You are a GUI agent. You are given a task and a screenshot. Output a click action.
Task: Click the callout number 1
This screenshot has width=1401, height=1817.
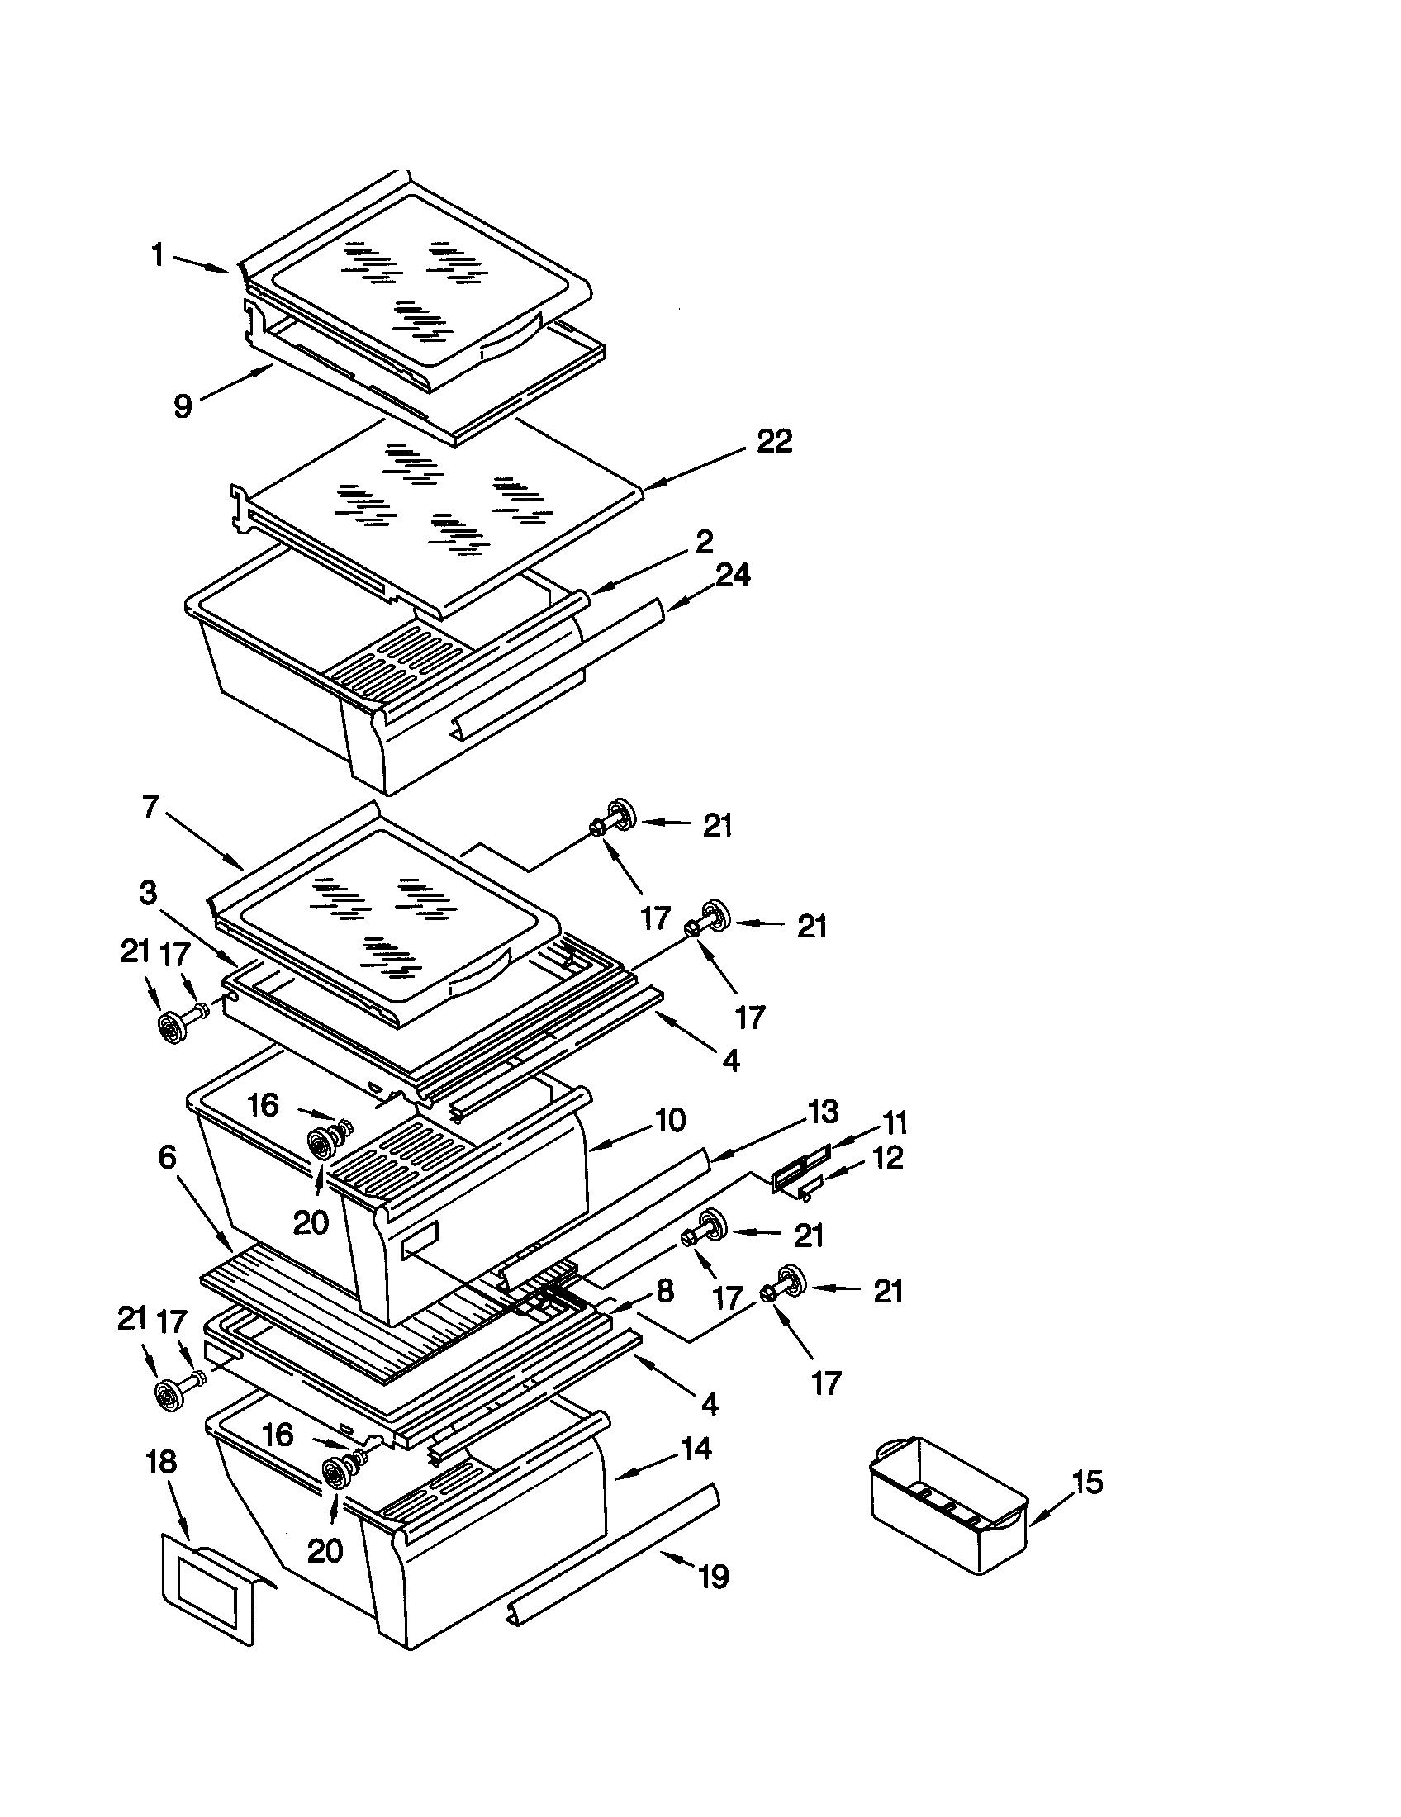point(157,254)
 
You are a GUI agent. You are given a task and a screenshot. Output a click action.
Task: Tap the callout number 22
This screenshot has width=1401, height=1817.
point(774,441)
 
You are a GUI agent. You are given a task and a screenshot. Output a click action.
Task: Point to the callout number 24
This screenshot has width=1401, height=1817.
point(732,575)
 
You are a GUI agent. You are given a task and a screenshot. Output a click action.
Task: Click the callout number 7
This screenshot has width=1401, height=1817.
point(150,806)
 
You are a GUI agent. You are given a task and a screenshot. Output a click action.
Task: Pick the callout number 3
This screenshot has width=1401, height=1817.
point(147,894)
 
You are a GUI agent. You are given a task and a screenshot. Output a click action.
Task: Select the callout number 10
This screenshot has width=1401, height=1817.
point(670,1120)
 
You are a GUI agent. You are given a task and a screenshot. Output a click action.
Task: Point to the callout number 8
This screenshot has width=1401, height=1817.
point(665,1290)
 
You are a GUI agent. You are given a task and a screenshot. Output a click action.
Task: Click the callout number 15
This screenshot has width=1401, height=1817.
point(1086,1482)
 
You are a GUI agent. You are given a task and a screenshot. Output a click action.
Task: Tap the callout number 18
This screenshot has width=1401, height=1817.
point(161,1463)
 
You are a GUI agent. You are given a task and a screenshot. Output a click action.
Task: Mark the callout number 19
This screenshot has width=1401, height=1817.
point(714,1576)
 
